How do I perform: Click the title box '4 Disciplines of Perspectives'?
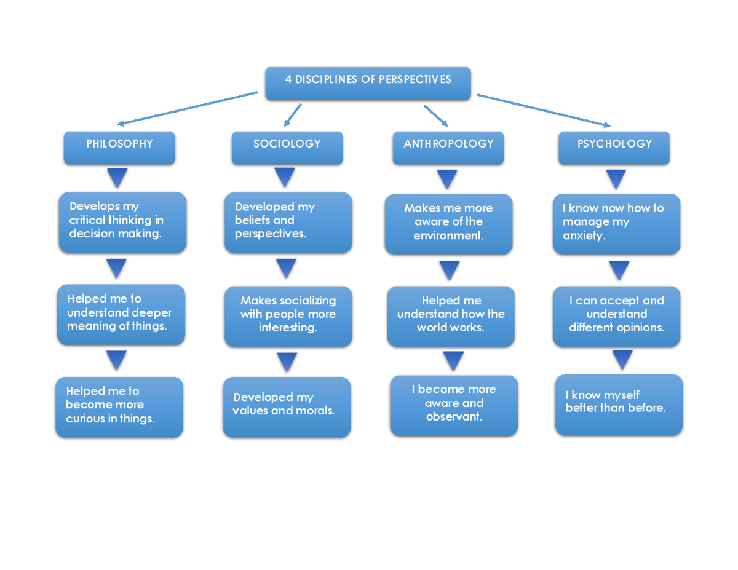point(368,84)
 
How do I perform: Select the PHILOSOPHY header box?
point(119,148)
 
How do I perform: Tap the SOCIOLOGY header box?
point(287,148)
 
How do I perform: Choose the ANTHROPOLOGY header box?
point(448,148)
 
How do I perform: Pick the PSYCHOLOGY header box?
point(614,148)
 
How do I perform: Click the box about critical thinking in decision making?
point(122,223)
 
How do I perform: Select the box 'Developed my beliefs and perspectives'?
point(288,223)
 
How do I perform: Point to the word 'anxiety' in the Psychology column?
point(584,236)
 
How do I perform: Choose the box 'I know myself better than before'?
point(619,404)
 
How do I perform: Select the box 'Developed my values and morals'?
point(287,407)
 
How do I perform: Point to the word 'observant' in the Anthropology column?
point(454,417)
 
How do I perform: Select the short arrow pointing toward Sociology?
point(293,114)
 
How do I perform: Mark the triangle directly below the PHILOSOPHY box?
point(117,178)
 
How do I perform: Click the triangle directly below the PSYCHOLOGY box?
point(616,179)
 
